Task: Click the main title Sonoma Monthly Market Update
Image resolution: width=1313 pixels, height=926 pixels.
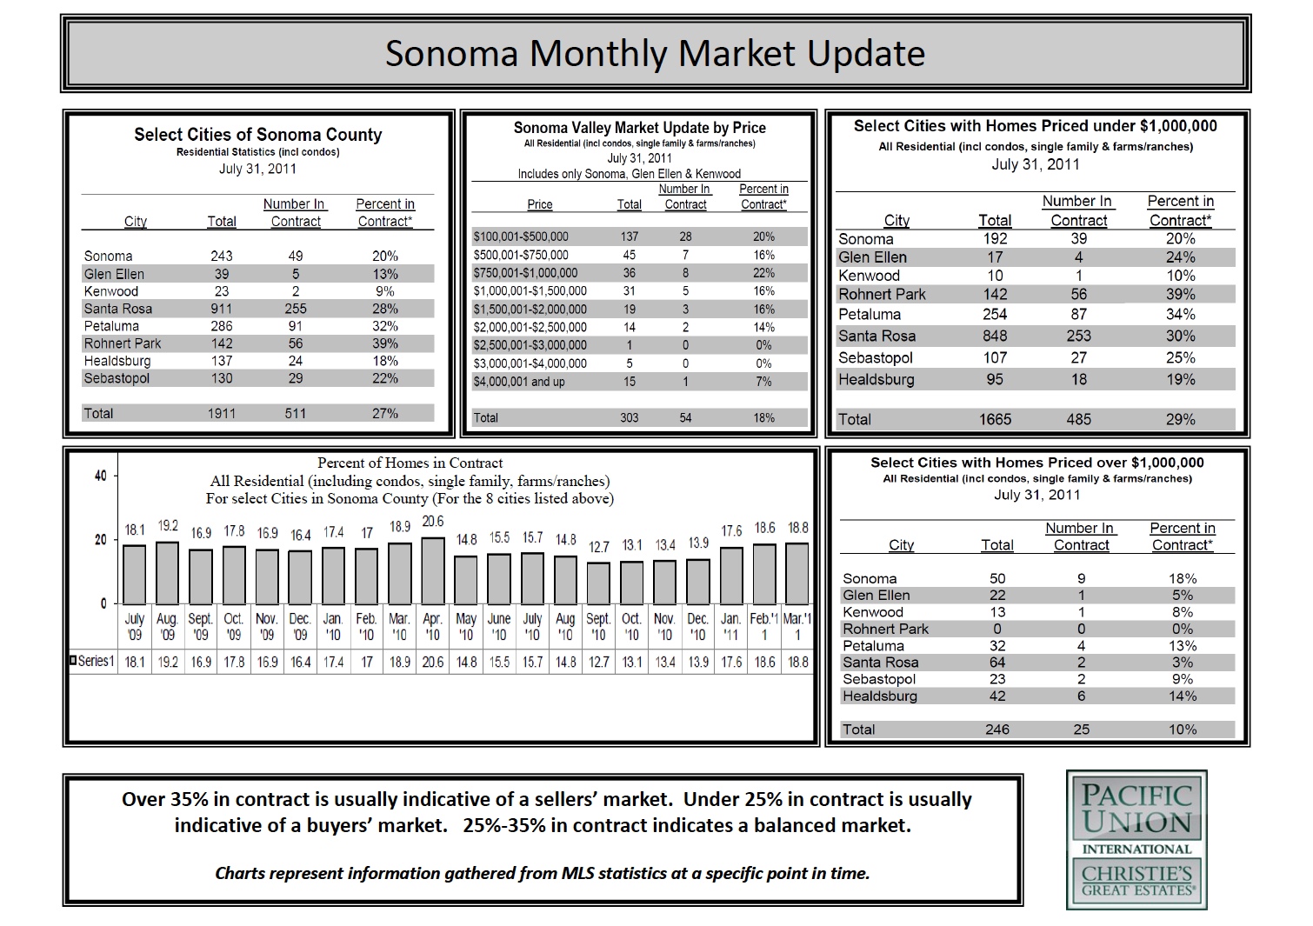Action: pyautogui.click(x=655, y=54)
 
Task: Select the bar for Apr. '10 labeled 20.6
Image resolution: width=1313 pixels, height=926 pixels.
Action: pyautogui.click(x=432, y=570)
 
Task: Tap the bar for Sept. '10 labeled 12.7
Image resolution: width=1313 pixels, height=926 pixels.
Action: pyautogui.click(x=598, y=583)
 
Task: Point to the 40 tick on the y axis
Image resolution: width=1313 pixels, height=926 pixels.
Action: pyautogui.click(x=101, y=476)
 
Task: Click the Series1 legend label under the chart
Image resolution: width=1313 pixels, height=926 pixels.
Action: pyautogui.click(x=94, y=661)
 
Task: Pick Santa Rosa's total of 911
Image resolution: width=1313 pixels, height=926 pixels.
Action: pyautogui.click(x=222, y=309)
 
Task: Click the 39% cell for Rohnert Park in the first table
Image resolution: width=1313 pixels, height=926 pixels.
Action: pyautogui.click(x=384, y=343)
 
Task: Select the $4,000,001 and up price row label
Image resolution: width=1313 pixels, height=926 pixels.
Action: pyautogui.click(x=518, y=382)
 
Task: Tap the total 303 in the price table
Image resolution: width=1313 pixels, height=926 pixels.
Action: pyautogui.click(x=629, y=418)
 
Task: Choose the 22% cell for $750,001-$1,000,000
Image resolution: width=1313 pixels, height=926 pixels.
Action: pyautogui.click(x=763, y=273)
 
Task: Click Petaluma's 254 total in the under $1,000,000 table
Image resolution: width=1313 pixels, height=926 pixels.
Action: pyautogui.click(x=995, y=314)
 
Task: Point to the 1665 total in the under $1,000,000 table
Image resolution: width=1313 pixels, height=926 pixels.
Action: pyautogui.click(x=995, y=419)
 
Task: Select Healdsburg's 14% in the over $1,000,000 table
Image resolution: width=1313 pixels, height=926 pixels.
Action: pyautogui.click(x=1183, y=696)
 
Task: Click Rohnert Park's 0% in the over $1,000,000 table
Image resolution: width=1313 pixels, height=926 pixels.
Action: pyautogui.click(x=1183, y=629)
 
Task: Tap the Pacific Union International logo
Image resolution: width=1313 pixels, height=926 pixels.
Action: pyautogui.click(x=1136, y=817)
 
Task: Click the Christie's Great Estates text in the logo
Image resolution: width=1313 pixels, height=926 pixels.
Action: pyautogui.click(x=1136, y=879)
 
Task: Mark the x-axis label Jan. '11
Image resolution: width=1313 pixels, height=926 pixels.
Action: pyautogui.click(x=730, y=627)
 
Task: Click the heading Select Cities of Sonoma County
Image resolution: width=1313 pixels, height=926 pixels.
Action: pyautogui.click(x=257, y=135)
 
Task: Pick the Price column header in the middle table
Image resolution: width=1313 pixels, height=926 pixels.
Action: pyautogui.click(x=539, y=204)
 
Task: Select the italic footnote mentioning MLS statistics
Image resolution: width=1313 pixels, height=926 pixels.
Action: pyautogui.click(x=542, y=873)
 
